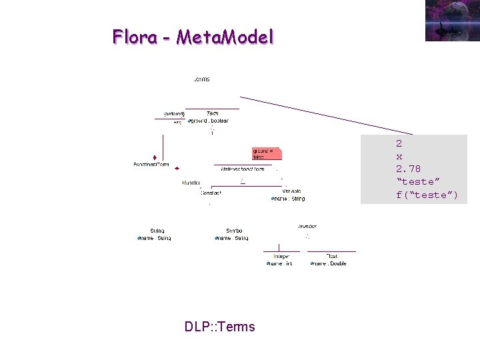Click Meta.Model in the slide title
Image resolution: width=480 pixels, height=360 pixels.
[x=225, y=37]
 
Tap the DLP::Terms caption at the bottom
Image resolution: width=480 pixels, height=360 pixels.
[x=219, y=327]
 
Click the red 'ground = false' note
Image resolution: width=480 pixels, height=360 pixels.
[x=265, y=153]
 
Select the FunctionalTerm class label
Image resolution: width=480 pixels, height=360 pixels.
[x=151, y=165]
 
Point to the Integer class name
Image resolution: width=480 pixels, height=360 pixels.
[x=281, y=256]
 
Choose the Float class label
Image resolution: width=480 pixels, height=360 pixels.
[x=332, y=256]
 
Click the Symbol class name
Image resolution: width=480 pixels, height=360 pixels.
[x=233, y=231]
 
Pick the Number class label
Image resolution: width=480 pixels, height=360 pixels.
[x=307, y=227]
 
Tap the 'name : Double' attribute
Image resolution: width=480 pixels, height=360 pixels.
[x=329, y=264]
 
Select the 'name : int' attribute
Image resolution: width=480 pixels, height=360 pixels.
[x=280, y=264]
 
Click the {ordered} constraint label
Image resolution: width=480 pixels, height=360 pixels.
[x=174, y=114]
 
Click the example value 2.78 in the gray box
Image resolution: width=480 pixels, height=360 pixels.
[x=408, y=169]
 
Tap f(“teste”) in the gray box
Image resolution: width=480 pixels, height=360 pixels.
[x=427, y=195]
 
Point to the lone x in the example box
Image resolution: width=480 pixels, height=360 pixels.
[x=399, y=156]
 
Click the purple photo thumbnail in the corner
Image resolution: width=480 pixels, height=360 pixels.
[x=451, y=20]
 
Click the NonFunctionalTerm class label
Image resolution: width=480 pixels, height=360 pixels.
[x=243, y=169]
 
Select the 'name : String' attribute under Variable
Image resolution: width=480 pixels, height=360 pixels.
[x=289, y=199]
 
